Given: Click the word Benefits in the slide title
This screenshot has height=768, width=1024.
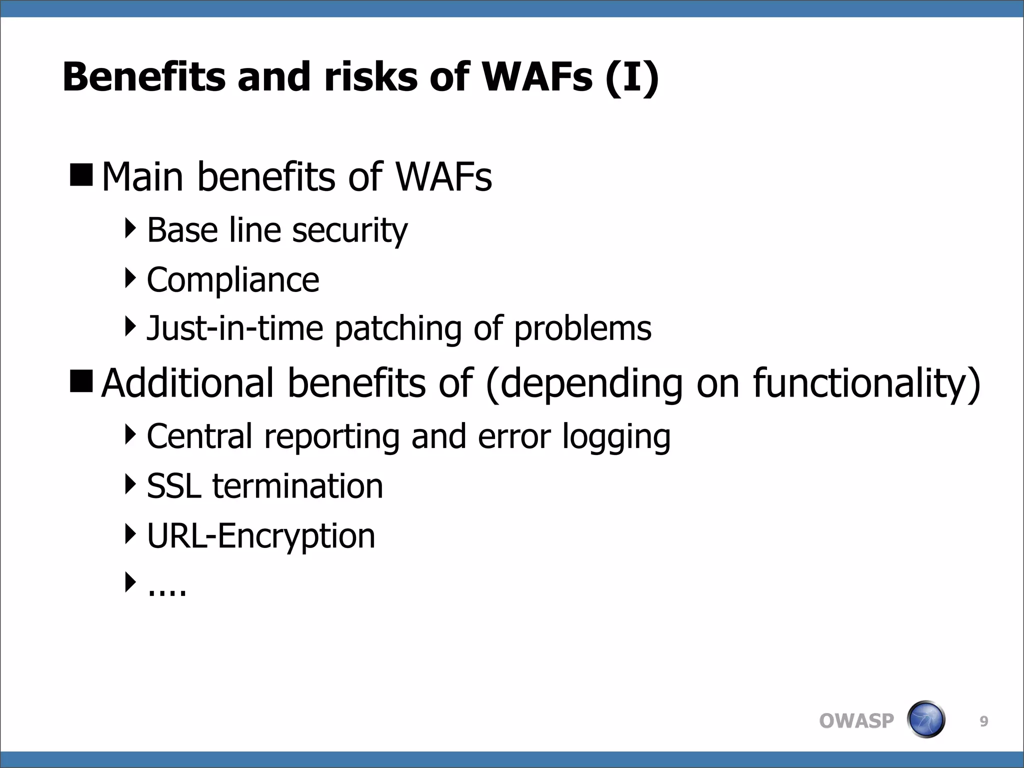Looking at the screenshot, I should point(144,77).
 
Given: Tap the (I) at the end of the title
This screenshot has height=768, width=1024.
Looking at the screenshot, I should point(631,78).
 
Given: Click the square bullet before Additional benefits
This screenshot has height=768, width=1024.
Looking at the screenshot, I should point(81,381).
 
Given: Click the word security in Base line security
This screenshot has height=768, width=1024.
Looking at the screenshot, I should point(350,230).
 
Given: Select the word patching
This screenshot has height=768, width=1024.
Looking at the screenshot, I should point(398,329).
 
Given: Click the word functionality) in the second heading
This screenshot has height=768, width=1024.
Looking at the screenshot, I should point(866,383).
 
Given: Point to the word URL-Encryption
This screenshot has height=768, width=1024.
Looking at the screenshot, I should point(261,536).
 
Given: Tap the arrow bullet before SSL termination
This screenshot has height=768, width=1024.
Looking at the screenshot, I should point(130,484).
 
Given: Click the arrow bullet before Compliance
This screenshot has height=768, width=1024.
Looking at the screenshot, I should point(130,278).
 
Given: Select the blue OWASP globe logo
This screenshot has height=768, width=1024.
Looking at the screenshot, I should point(925,719).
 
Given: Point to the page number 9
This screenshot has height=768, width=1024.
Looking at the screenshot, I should point(983,721).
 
